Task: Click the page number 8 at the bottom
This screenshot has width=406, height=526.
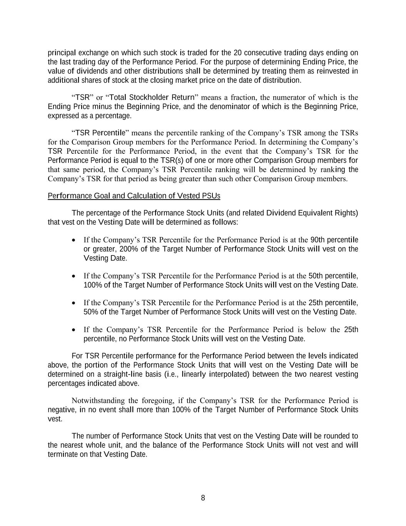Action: click(x=203, y=498)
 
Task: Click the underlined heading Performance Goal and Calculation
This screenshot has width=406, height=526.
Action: click(x=134, y=196)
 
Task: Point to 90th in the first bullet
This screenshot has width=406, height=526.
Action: click(x=317, y=240)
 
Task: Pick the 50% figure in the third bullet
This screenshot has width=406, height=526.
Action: click(x=90, y=312)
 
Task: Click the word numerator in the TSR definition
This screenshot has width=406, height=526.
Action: click(x=276, y=97)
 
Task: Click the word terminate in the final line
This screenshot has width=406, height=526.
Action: click(x=62, y=454)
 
